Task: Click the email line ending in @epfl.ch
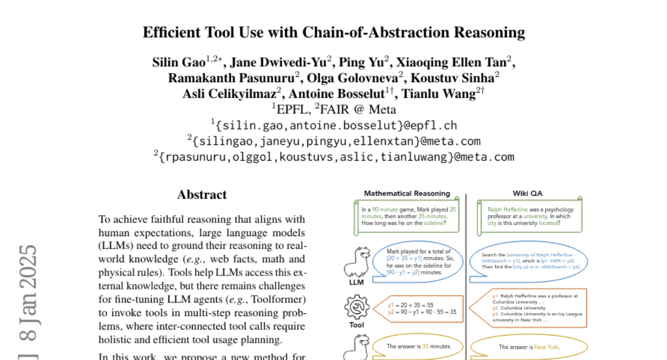pos(333,126)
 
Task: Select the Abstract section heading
pos(202,195)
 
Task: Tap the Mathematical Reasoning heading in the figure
pos(407,194)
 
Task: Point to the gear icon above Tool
pos(356,307)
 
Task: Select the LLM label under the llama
pos(356,282)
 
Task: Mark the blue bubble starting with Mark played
pos(421,261)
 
